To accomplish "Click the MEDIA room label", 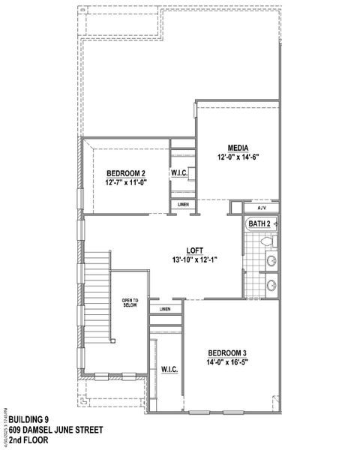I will click(x=239, y=148).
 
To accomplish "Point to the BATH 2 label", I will click(x=259, y=223).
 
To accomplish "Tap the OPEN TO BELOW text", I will click(x=130, y=303).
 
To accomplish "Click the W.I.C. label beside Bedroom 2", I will click(x=179, y=173).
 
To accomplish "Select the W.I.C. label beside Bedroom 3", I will click(x=169, y=369).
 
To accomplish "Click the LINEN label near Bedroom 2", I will click(x=183, y=205).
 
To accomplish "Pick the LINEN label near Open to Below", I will click(x=165, y=309).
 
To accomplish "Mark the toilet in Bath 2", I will click(x=271, y=241).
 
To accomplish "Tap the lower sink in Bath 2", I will click(x=271, y=285).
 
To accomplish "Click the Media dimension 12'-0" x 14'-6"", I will click(x=238, y=158).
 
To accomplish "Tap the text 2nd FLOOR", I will click(x=25, y=440).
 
